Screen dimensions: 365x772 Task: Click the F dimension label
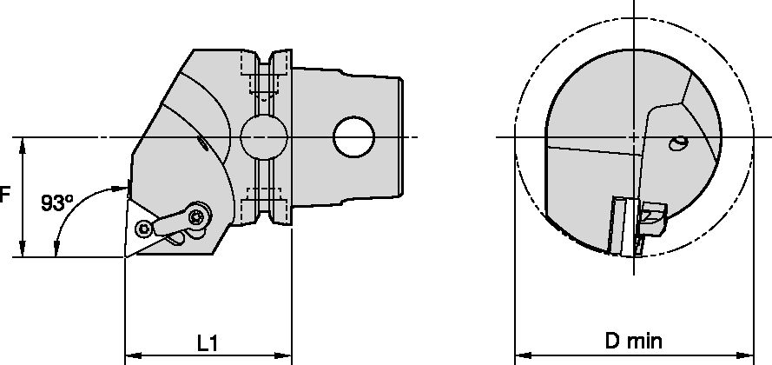coord(4,196)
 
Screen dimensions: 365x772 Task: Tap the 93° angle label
coord(56,203)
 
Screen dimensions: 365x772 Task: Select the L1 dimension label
coord(207,343)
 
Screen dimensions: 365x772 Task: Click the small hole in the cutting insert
coord(142,231)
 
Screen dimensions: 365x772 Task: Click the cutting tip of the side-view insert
coord(126,258)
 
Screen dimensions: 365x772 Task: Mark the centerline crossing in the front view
coord(634,137)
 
